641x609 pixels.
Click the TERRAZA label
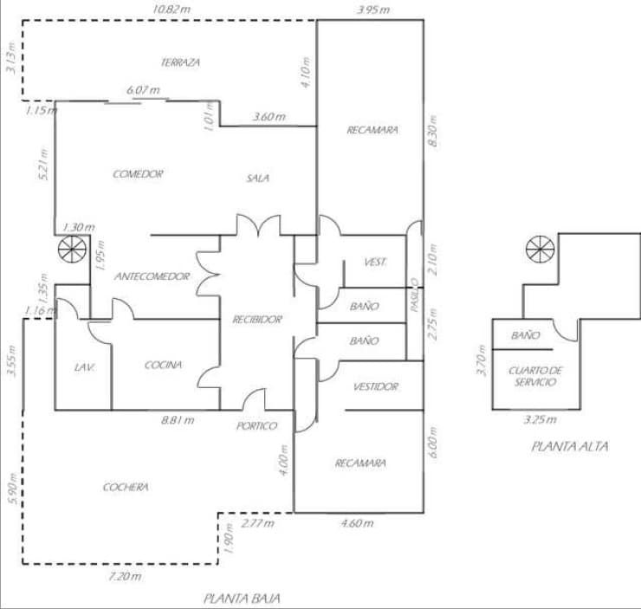click(x=180, y=62)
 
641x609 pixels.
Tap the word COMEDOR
click(x=138, y=174)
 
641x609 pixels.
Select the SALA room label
click(x=257, y=178)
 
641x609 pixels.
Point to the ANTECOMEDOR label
click(x=152, y=276)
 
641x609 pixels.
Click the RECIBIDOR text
click(x=257, y=320)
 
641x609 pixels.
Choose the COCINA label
click(x=164, y=365)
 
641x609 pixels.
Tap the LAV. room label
click(x=84, y=367)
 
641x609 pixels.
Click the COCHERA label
click(x=126, y=487)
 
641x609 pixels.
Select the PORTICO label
click(x=257, y=425)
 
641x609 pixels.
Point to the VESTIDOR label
click(x=376, y=386)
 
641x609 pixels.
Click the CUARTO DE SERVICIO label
click(x=534, y=376)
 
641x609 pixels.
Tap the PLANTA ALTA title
click(x=569, y=447)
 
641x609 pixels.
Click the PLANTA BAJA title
click(x=242, y=598)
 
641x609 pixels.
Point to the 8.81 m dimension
click(x=178, y=420)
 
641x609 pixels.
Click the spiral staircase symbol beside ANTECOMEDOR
click(x=70, y=251)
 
